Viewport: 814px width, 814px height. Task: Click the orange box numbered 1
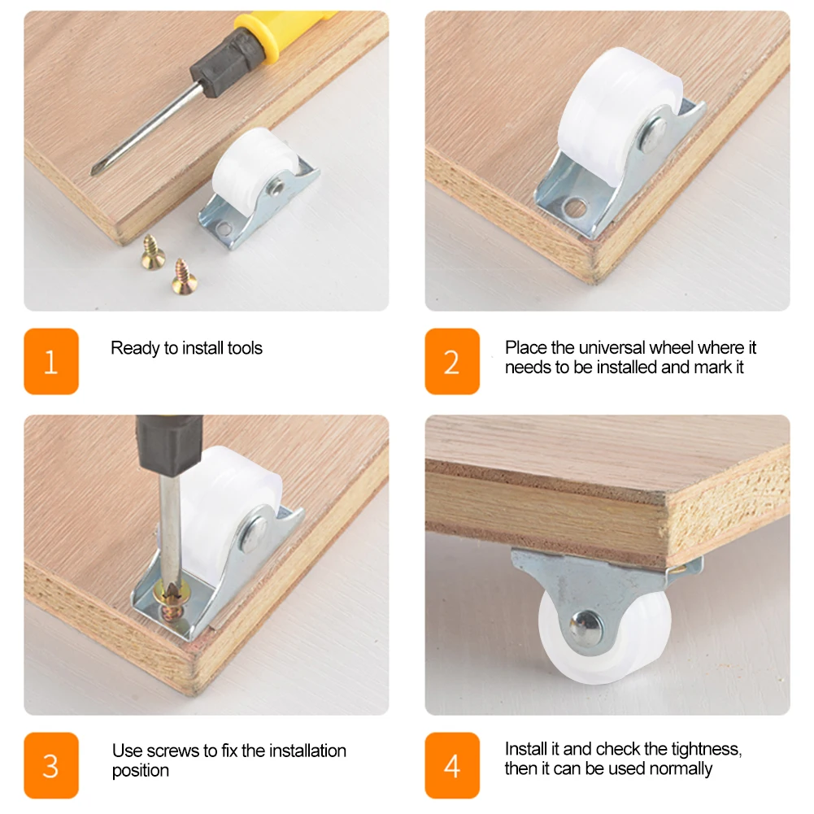tap(51, 361)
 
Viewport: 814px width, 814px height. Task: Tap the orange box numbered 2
tap(452, 361)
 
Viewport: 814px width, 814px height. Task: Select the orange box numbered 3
tap(51, 765)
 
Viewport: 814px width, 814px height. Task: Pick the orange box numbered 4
tap(452, 765)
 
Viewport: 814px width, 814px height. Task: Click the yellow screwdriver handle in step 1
tap(281, 28)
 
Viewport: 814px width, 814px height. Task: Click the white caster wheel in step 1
tap(254, 162)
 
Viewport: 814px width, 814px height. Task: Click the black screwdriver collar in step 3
tap(169, 444)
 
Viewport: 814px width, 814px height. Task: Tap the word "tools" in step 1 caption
tap(245, 348)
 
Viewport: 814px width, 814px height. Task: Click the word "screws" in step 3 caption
tap(174, 751)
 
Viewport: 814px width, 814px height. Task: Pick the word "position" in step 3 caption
tap(141, 771)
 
